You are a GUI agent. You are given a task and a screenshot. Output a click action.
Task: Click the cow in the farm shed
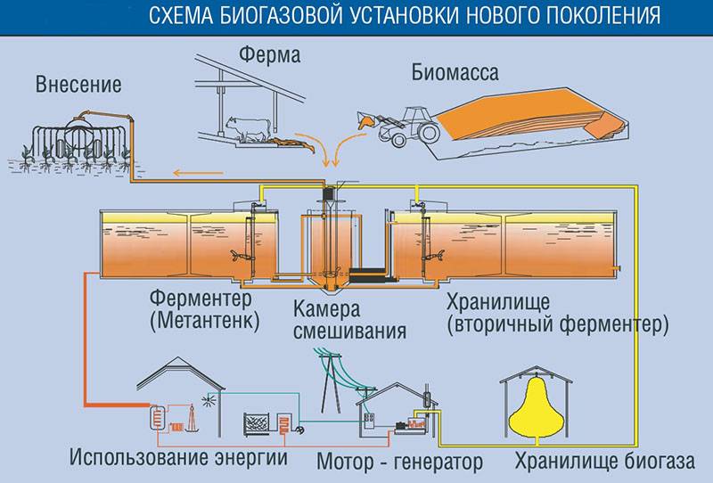point(250,128)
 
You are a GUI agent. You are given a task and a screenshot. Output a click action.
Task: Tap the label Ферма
point(270,55)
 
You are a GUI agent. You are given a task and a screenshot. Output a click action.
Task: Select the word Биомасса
point(455,72)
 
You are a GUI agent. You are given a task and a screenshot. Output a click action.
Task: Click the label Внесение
point(78,85)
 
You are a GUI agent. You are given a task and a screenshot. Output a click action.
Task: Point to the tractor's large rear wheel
point(429,131)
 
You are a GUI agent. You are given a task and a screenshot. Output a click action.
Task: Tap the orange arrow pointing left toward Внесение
point(198,173)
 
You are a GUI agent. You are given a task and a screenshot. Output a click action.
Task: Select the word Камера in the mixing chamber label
point(326,309)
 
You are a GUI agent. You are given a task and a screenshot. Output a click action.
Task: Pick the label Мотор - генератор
point(399,462)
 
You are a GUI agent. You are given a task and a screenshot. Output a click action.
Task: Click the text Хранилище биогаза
point(604,462)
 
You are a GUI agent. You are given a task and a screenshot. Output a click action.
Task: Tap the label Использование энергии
point(178,457)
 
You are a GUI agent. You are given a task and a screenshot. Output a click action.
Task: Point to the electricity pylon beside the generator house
point(331,380)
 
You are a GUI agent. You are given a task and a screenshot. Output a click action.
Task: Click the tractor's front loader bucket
point(365,119)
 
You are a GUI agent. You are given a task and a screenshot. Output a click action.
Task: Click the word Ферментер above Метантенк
point(201,299)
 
